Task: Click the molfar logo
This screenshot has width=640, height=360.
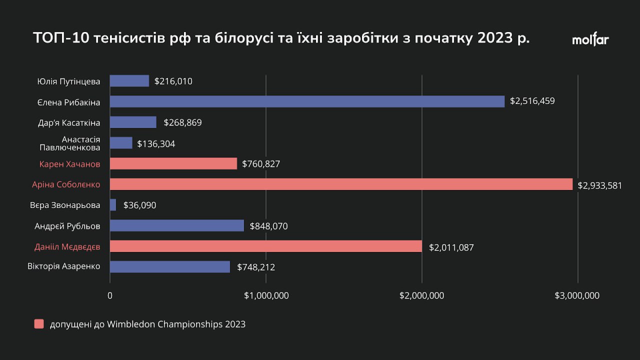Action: [x=590, y=40]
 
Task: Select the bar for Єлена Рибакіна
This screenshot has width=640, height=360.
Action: [x=307, y=101]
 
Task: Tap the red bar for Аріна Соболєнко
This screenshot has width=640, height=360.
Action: [x=341, y=184]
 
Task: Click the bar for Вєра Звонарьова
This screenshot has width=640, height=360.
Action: [x=113, y=205]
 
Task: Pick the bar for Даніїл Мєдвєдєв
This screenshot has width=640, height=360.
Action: [x=265, y=246]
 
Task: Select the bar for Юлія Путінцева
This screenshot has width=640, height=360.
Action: [x=129, y=81]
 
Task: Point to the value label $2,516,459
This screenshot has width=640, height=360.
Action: [x=532, y=101]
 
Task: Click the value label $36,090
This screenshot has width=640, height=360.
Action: [x=139, y=205]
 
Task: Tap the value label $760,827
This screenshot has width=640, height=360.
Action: [x=261, y=164]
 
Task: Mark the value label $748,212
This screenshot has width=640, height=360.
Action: [x=256, y=267]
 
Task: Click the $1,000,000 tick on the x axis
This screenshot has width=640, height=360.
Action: [x=266, y=295]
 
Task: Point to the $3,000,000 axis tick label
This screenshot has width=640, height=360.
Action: [x=577, y=295]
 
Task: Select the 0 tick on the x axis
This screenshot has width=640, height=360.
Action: [x=110, y=295]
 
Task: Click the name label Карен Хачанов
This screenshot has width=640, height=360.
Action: [x=69, y=164]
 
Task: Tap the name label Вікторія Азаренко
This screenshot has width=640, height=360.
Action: [x=63, y=266]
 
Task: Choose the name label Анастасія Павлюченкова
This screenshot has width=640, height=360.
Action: [x=70, y=143]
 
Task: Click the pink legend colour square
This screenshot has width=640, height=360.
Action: [x=39, y=324]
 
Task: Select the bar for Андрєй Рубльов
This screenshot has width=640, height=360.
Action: [x=176, y=225]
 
